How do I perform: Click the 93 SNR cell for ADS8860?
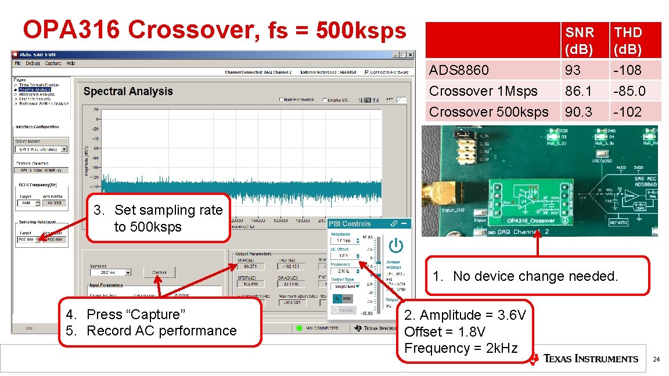[x=573, y=70]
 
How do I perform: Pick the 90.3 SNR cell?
[x=577, y=112]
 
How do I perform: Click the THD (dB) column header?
[x=628, y=41]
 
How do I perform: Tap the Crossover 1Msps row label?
[x=483, y=91]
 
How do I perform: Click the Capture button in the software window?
[x=159, y=272]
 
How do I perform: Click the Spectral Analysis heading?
[x=128, y=91]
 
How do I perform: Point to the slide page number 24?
[x=656, y=359]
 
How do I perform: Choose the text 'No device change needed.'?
[x=535, y=276]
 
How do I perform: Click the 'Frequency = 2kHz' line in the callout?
[x=461, y=348]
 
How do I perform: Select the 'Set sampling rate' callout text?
[x=168, y=210]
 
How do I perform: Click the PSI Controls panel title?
[x=350, y=223]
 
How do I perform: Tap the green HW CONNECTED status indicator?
[x=299, y=328]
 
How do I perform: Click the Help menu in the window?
[x=71, y=63]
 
